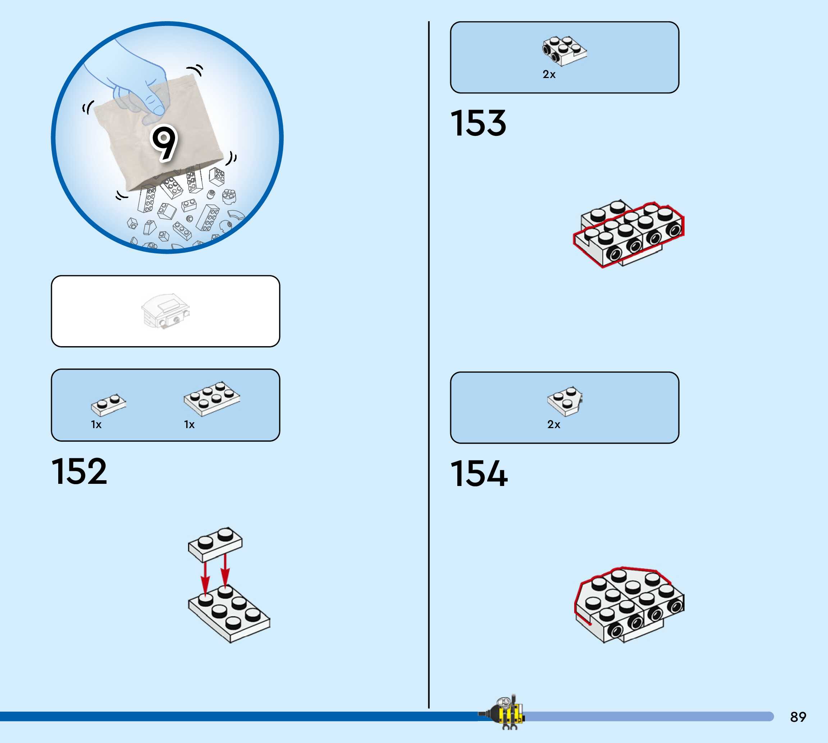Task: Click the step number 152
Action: tap(79, 472)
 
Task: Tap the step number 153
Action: tap(478, 123)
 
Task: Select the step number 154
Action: tap(479, 473)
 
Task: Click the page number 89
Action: tap(798, 717)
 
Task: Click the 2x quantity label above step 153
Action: tap(549, 75)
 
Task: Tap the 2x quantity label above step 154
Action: tap(553, 425)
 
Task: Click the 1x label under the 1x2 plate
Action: tap(96, 425)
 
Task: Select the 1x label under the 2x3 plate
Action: tap(189, 425)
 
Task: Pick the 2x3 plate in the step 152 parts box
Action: tap(211, 398)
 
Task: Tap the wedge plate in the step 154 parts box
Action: tap(565, 400)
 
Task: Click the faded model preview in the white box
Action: tap(165, 311)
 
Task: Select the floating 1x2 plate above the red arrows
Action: tap(215, 544)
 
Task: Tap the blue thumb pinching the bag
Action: tap(153, 98)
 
